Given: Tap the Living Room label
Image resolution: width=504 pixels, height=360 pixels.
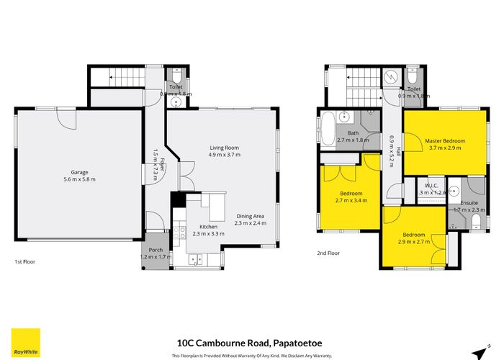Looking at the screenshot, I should coord(224,148).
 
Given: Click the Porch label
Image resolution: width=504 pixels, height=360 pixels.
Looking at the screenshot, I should coord(156,250).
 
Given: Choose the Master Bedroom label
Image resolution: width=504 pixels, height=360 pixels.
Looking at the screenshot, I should coord(444,140).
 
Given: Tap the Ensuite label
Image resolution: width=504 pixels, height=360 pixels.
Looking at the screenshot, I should coord(469,204).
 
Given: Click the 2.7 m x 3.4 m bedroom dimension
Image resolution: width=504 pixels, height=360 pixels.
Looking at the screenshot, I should coord(351,201).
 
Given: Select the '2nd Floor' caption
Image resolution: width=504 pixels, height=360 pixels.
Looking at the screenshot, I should coord(328,253).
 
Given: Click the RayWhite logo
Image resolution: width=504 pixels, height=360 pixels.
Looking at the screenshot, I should coord(26,343).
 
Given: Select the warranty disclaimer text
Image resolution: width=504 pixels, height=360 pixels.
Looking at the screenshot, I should coord(251,356).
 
